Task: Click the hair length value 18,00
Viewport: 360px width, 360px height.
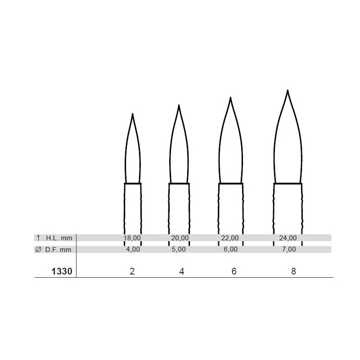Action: click(x=132, y=238)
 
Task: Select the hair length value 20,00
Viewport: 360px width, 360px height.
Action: click(x=180, y=238)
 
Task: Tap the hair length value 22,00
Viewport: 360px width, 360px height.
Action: click(x=230, y=238)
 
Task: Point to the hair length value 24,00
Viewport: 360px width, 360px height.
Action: click(x=288, y=238)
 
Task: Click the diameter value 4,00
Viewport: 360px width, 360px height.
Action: click(x=133, y=249)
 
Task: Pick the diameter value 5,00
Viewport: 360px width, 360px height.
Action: click(x=179, y=249)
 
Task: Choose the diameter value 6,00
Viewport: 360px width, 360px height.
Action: click(x=230, y=249)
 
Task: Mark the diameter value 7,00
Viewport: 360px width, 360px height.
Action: click(x=289, y=249)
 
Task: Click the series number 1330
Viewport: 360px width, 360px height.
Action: click(x=62, y=271)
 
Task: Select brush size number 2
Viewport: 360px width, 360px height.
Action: click(x=132, y=271)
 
